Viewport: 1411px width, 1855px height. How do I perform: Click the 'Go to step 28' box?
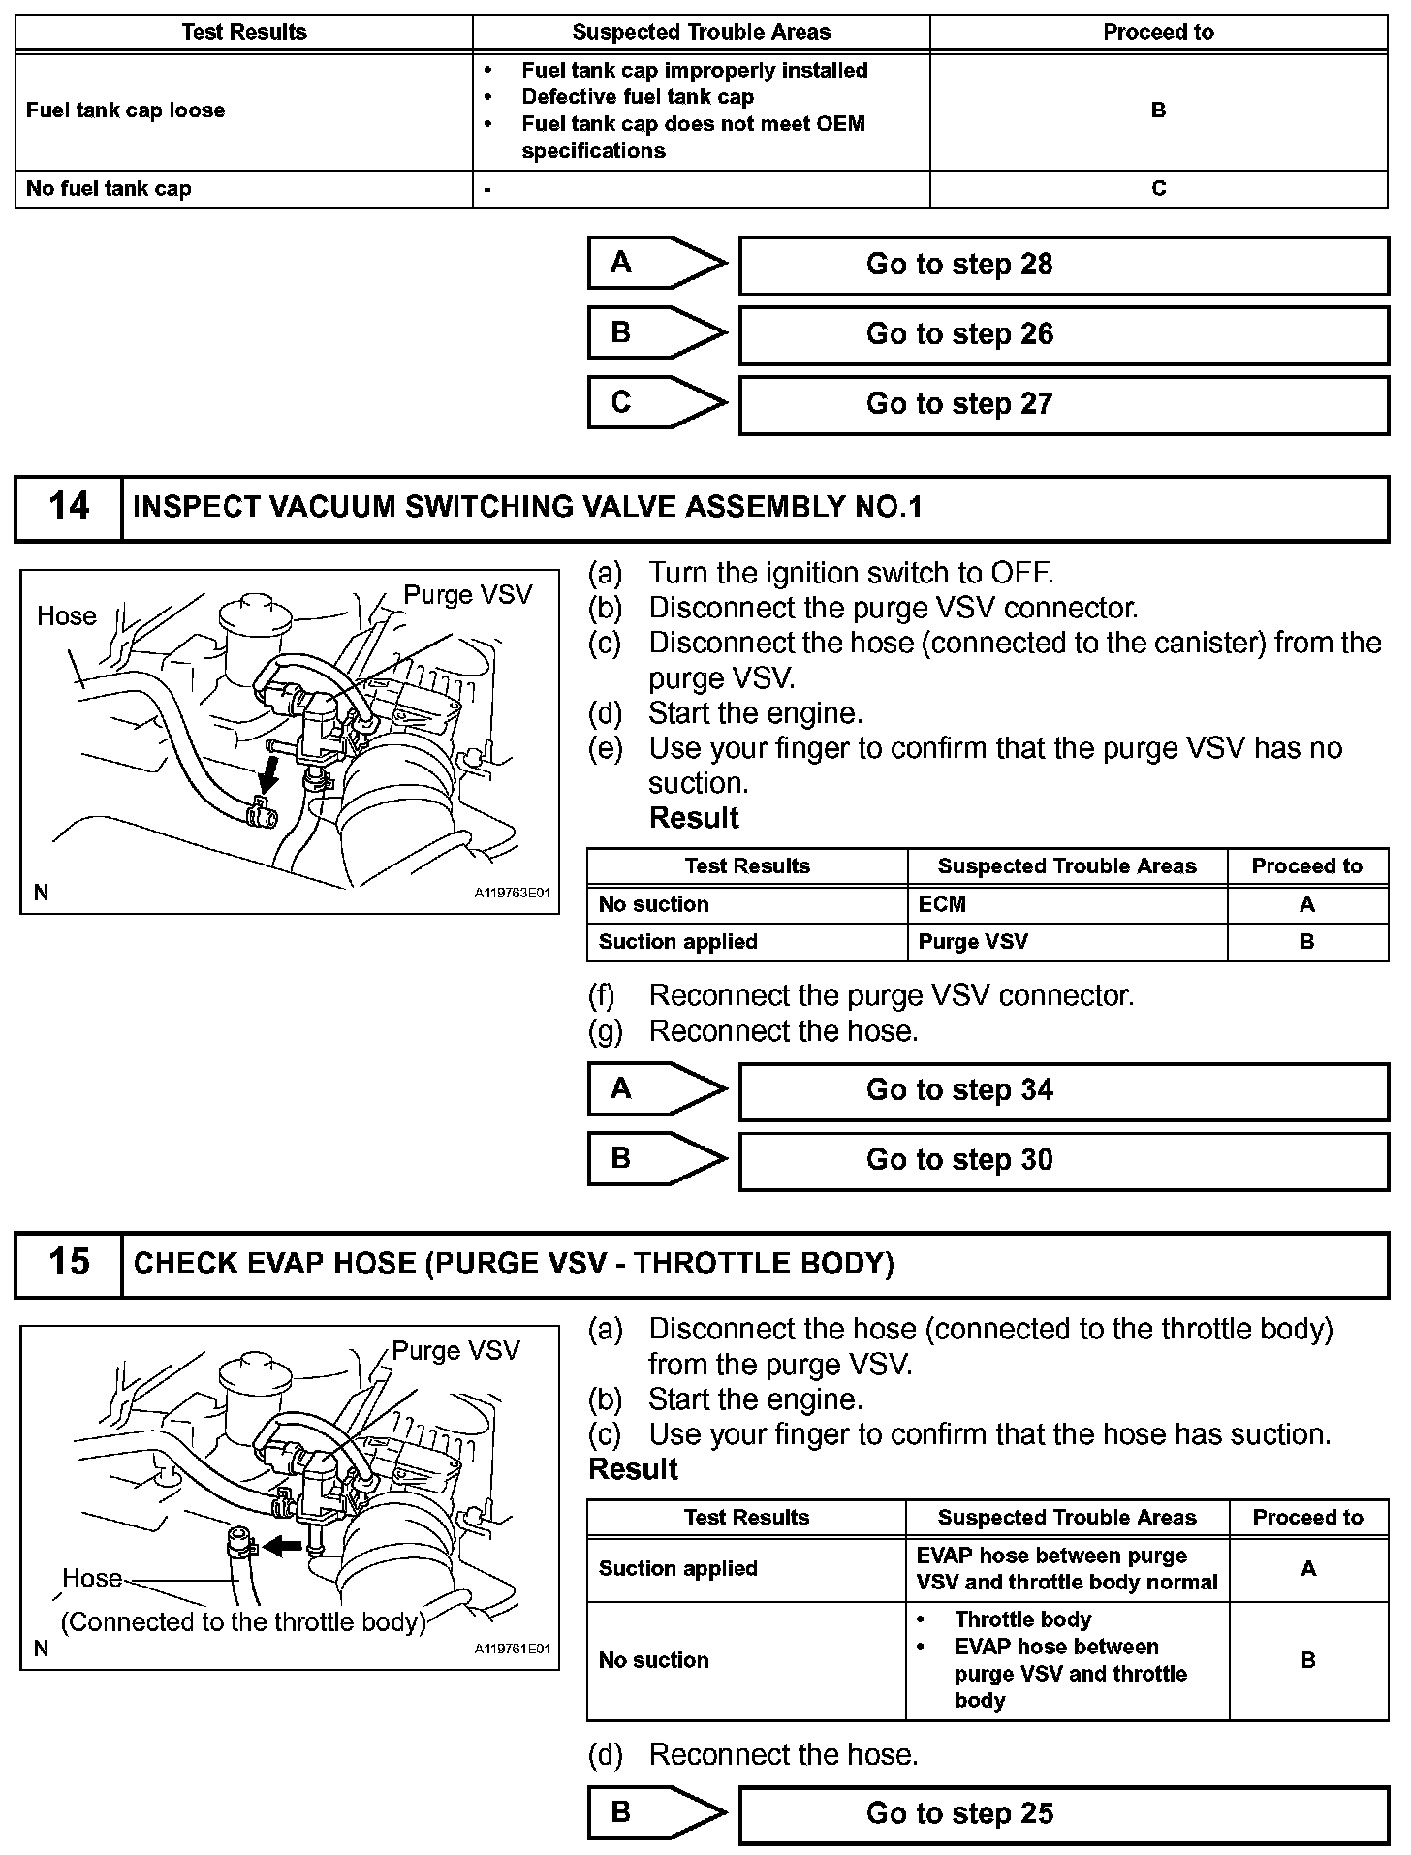(x=1063, y=265)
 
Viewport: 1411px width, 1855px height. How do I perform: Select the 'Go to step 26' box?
(x=1063, y=334)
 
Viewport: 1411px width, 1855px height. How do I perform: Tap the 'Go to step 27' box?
(x=1063, y=404)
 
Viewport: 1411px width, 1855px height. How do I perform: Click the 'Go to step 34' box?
(x=1063, y=1090)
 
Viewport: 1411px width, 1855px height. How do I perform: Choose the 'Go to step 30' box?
(x=1063, y=1160)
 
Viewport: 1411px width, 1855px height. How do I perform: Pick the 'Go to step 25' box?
(x=1063, y=1813)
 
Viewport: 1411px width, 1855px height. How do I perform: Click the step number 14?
(x=69, y=507)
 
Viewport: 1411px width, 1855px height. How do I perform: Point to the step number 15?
(x=69, y=1263)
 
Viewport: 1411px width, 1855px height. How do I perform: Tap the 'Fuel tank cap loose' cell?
(x=126, y=110)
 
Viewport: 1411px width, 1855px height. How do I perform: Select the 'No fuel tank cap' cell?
(x=109, y=189)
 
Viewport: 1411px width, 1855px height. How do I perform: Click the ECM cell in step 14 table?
(x=942, y=904)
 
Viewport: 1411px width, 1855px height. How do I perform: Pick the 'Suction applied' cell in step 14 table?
(x=677, y=942)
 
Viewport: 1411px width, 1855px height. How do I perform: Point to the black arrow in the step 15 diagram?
(x=283, y=1546)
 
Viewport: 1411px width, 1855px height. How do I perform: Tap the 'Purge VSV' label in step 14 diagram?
(x=467, y=595)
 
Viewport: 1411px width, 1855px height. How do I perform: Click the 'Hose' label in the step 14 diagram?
(x=67, y=616)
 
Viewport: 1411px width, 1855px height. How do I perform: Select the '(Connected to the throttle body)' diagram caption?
(x=243, y=1622)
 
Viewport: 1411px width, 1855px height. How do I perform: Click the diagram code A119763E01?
(x=513, y=893)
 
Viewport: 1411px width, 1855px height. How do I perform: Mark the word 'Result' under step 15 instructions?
(x=633, y=1469)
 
